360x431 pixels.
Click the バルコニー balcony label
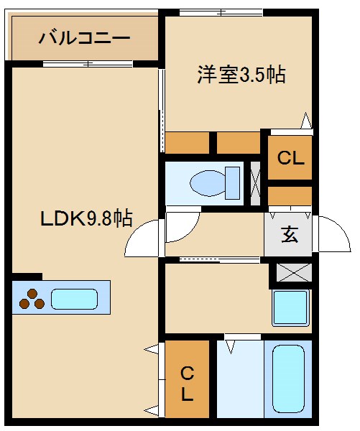pos(85,37)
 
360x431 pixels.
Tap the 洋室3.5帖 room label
pos(241,75)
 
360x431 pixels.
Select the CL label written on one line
pos(291,159)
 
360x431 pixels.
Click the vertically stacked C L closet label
pos(187,383)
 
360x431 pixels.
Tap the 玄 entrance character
pos(290,234)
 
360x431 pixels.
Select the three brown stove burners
pos(32,298)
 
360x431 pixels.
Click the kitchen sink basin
pos(75,298)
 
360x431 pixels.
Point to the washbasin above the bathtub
pos(290,308)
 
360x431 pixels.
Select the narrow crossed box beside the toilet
pos(255,184)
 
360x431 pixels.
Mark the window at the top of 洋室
pos(220,11)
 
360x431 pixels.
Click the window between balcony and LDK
pos(87,65)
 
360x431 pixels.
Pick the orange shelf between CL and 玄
pos(290,195)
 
